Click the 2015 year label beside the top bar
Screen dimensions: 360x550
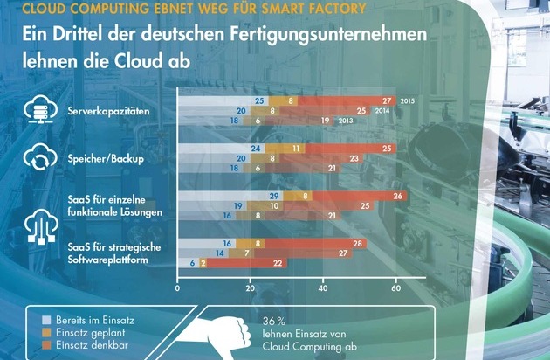[407, 101]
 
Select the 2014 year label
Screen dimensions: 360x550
[382, 111]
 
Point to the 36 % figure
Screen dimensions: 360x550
[274, 321]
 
